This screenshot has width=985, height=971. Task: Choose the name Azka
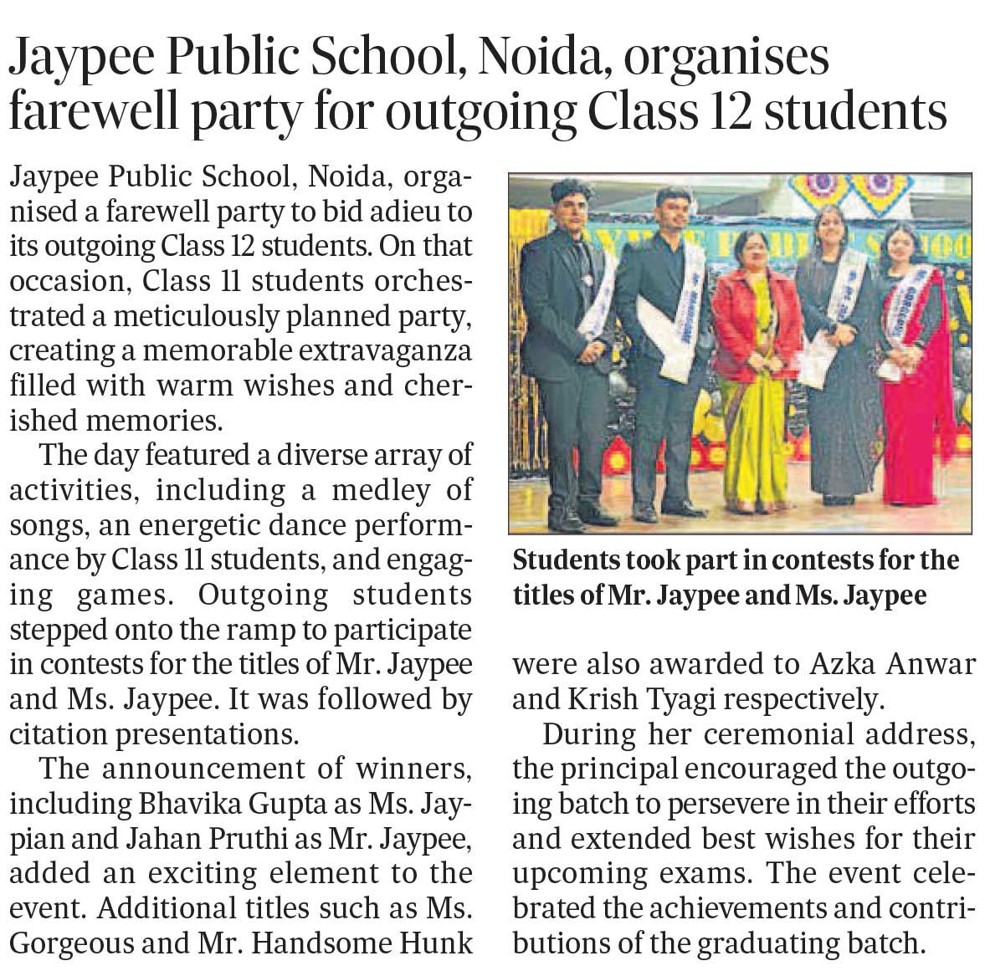pyautogui.click(x=844, y=664)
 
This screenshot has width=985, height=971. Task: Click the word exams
pyautogui.click(x=713, y=874)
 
